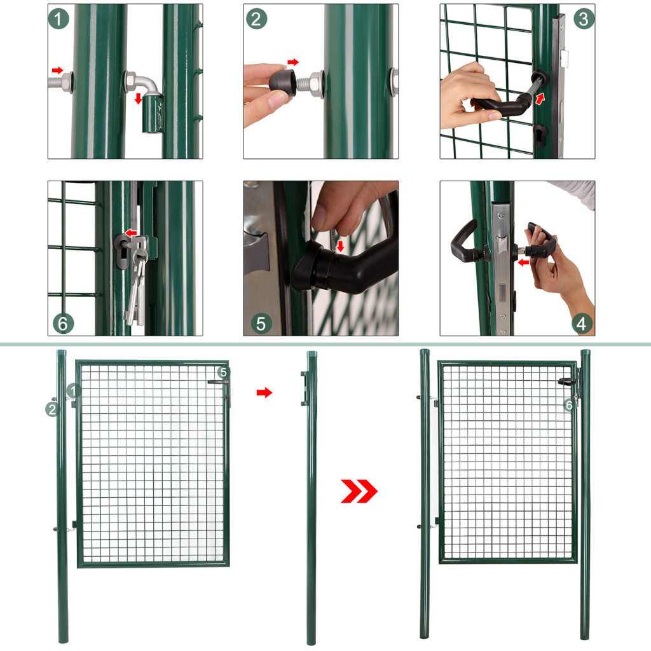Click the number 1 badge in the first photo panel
coord(58,18)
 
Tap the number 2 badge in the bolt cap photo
coord(256,18)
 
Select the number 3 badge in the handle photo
coord(584,18)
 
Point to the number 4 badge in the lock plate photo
coord(582,324)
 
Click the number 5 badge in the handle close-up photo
coord(261,324)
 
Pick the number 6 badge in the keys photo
coord(63,324)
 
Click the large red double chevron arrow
coord(359,491)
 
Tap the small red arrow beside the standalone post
coord(264,392)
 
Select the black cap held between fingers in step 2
coord(283,81)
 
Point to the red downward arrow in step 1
coord(139,99)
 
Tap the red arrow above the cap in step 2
coord(293,62)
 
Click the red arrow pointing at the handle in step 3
coord(539,99)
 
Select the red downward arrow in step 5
coord(341,246)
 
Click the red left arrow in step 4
coord(524,262)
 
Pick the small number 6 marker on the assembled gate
coord(569,405)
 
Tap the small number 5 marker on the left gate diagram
coord(223,373)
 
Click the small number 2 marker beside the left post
coord(52,409)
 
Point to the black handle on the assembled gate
coord(566,381)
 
